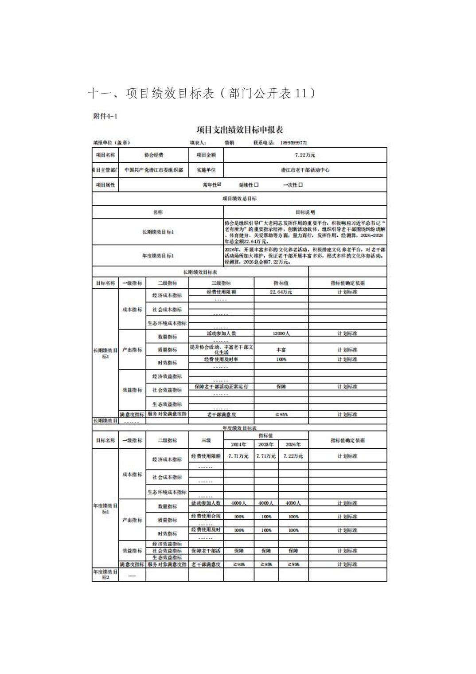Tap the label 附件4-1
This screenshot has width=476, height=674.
pos(105,116)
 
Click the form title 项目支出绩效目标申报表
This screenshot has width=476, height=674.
pos(239,130)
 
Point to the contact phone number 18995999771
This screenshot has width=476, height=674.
pos(294,143)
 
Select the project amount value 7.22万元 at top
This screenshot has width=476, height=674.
pos(305,155)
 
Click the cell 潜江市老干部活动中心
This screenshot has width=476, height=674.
pos(305,170)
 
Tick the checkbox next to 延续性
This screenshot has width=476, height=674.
pos(257,185)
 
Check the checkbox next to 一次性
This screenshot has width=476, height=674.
pos(301,185)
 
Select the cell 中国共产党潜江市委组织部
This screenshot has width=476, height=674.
pos(154,170)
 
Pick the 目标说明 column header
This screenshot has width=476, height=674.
pos(305,212)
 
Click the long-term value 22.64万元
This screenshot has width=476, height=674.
pos(281,292)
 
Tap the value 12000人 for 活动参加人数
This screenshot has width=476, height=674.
pos(281,333)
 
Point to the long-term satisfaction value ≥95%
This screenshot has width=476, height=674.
pos(281,415)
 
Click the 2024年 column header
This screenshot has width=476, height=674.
pos(238,444)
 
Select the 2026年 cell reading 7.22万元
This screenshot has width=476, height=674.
pos(293,456)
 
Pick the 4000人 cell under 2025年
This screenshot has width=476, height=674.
pos(266,503)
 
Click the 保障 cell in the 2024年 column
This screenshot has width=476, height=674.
pos(238,551)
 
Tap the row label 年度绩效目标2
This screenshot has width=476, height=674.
pos(105,575)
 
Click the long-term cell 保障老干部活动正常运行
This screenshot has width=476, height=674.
pos(221,387)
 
